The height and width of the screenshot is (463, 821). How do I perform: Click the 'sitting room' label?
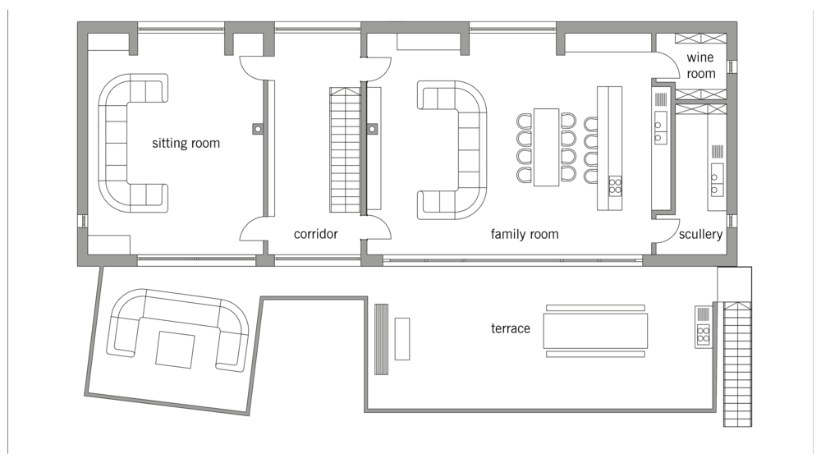[186, 143]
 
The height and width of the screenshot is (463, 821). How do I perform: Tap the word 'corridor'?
[316, 234]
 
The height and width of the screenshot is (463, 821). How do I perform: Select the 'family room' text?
[525, 234]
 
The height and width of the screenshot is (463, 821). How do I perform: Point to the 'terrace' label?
[511, 328]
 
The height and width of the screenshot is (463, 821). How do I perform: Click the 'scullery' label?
[700, 234]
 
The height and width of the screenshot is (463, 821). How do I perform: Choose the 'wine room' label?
[700, 66]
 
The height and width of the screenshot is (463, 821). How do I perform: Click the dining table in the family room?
[546, 147]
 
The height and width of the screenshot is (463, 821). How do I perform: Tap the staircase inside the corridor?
[345, 149]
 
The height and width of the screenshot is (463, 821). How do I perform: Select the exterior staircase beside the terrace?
[738, 364]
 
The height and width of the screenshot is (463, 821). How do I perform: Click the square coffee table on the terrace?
[175, 350]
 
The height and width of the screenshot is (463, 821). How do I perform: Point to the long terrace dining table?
[595, 331]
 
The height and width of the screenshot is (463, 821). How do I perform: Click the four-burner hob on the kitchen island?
[615, 186]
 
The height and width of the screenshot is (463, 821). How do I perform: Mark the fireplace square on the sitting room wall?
[258, 128]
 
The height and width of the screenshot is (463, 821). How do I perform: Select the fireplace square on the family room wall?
[372, 128]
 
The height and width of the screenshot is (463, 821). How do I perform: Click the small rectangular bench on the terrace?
[402, 339]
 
